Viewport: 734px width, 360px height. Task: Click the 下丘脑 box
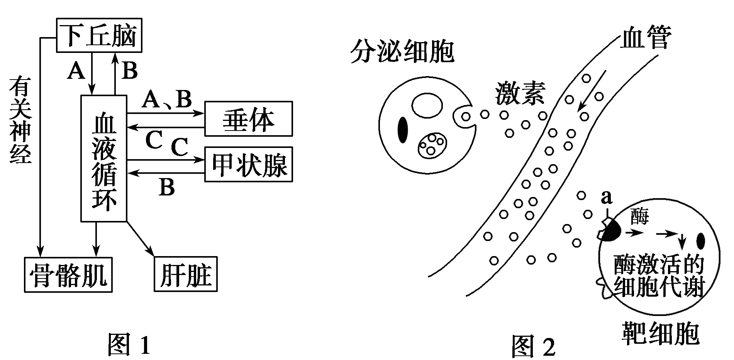[x=99, y=35]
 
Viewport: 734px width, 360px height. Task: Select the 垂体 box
[x=248, y=119]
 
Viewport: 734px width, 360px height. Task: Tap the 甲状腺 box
[x=248, y=164]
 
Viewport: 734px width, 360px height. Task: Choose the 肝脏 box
[x=186, y=274]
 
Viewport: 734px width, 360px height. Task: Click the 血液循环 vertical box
[x=104, y=158]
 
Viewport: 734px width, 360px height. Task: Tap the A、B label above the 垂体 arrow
[x=167, y=100]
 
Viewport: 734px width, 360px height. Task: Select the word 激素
[x=520, y=93]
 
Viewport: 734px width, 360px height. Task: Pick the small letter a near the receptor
[x=607, y=198]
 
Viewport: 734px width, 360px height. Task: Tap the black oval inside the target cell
[x=701, y=241]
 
